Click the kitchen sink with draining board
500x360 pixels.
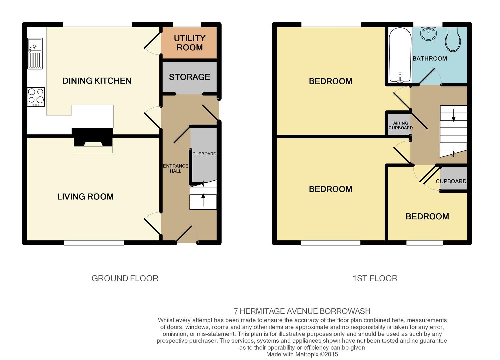(x=35, y=54)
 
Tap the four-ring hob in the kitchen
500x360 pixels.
(x=36, y=97)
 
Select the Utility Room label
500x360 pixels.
(x=190, y=43)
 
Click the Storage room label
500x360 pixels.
(x=190, y=77)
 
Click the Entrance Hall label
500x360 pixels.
(x=175, y=169)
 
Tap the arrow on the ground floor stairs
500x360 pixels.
(x=203, y=200)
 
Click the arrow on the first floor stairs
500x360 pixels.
(x=454, y=115)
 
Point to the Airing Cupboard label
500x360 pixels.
(x=401, y=125)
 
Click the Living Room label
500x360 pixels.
(x=85, y=197)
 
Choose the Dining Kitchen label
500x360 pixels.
(x=97, y=81)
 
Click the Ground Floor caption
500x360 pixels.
(x=125, y=278)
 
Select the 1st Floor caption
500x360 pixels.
(x=375, y=278)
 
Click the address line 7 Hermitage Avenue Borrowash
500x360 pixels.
(x=302, y=311)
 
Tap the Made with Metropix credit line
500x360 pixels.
(x=302, y=354)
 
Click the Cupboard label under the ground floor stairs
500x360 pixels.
(x=204, y=154)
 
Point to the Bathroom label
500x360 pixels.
(x=430, y=58)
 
